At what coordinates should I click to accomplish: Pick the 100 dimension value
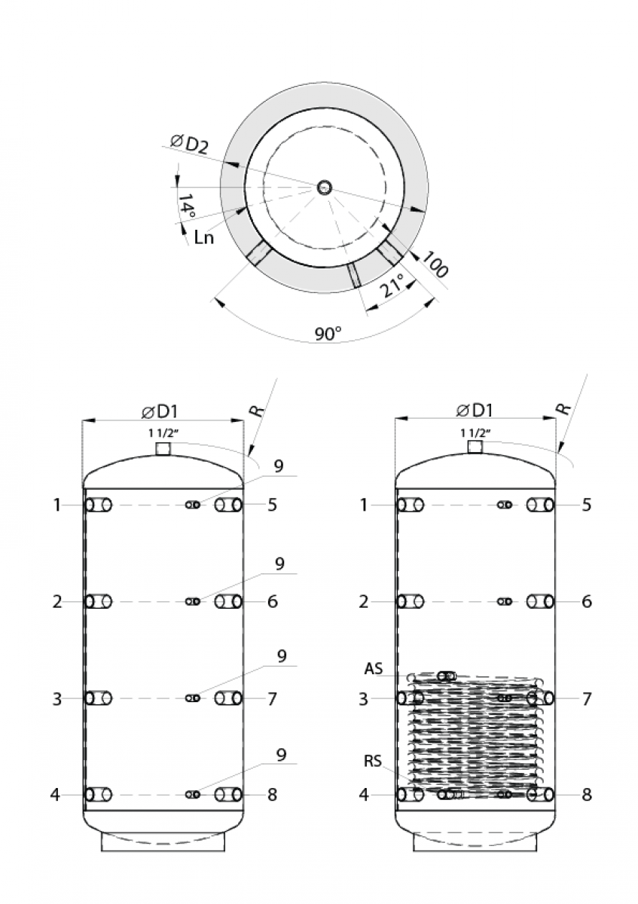coord(434,266)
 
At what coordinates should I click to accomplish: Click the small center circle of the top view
coord(324,187)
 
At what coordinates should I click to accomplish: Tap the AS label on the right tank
coord(374,669)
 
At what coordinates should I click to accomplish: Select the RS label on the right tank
coord(374,761)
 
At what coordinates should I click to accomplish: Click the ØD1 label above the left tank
coord(160,411)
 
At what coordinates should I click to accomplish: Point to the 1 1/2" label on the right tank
coord(475,433)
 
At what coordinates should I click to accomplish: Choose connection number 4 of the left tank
coord(56,795)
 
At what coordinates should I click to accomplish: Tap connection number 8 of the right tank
coord(587,795)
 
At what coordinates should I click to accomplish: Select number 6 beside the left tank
coord(273,602)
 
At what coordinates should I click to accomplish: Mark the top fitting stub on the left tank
coord(163,449)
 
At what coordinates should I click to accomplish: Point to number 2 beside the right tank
coord(365,602)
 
